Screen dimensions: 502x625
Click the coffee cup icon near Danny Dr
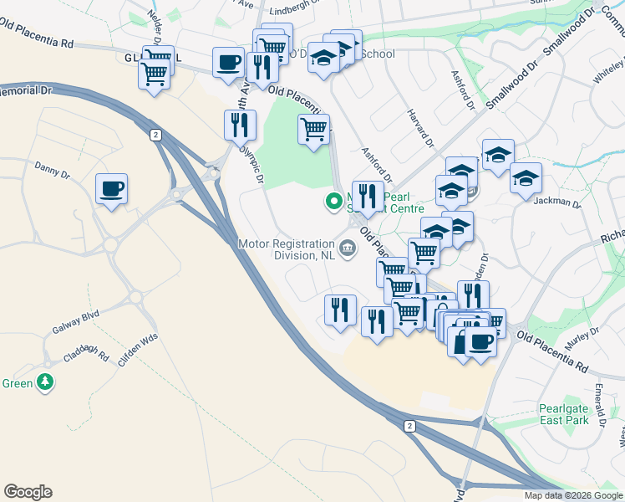[x=110, y=188]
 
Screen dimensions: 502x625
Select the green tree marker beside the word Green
[x=45, y=383]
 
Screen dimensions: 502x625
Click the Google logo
[x=28, y=492]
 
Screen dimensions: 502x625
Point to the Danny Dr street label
[x=52, y=170]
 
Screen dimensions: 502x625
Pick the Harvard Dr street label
[x=421, y=128]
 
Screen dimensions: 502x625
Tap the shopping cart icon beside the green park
[x=313, y=130]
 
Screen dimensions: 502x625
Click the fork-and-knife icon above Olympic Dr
[x=240, y=125]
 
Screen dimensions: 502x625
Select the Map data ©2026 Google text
[x=572, y=495]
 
